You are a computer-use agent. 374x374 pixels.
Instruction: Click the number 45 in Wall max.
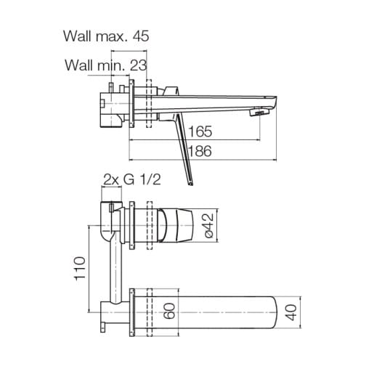(141, 36)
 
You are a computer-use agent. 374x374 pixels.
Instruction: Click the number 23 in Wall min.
(138, 65)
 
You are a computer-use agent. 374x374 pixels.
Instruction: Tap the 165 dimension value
(200, 131)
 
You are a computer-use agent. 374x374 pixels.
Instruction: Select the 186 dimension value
(200, 151)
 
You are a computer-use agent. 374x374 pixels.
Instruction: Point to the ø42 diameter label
(208, 225)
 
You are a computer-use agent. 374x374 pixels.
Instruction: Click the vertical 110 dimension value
(80, 269)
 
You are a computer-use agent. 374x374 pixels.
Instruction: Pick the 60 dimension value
(169, 311)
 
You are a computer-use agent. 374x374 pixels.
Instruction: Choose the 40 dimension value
(290, 312)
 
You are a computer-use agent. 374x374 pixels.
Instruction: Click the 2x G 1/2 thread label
(132, 179)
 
